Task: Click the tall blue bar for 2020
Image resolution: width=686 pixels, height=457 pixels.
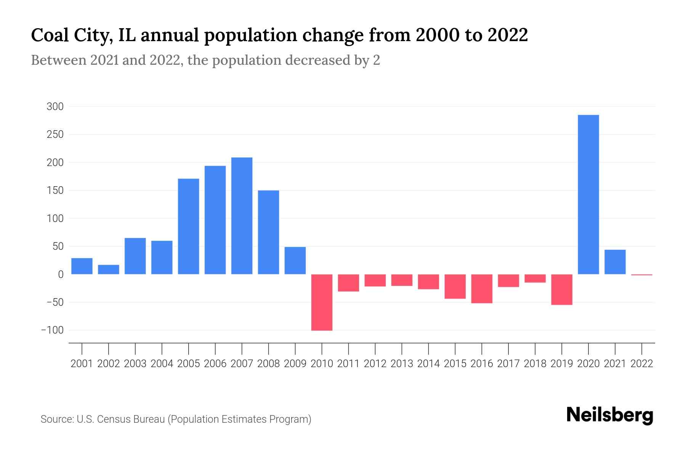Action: tap(588, 194)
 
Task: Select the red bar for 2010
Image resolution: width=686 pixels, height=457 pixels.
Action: tap(322, 302)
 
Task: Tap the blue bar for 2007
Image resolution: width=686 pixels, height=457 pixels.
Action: tap(242, 216)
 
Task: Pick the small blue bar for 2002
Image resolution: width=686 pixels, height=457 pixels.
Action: tap(109, 270)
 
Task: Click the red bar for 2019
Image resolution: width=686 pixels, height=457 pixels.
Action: tap(562, 289)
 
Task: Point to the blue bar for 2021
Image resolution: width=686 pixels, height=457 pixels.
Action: tap(615, 262)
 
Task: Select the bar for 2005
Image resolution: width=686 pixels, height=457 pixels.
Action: tap(189, 226)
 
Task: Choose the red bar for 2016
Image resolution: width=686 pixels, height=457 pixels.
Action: tap(482, 289)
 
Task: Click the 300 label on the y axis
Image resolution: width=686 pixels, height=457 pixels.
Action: tap(55, 107)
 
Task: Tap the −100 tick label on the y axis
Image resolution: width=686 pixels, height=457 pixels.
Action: tap(52, 330)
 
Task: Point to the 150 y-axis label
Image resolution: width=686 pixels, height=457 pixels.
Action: tap(55, 190)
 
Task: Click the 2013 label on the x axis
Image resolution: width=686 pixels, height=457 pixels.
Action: tap(402, 364)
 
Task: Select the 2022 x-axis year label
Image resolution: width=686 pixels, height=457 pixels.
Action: tap(642, 364)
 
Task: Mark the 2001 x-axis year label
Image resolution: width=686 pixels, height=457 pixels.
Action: tap(82, 364)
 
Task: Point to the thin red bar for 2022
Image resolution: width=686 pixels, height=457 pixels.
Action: tap(642, 275)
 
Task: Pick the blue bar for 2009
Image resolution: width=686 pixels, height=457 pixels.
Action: tap(295, 260)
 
